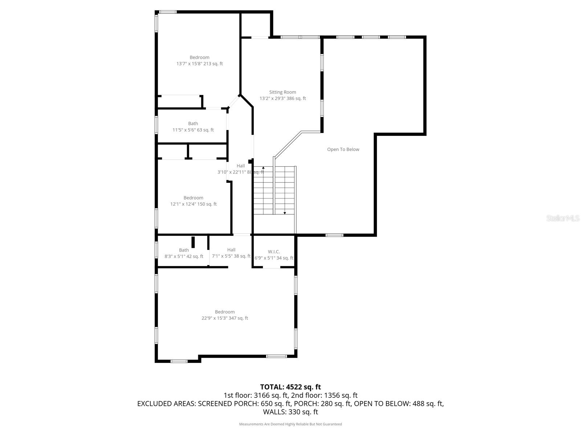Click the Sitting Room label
(283, 92)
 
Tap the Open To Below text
(343, 149)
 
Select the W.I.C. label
(274, 252)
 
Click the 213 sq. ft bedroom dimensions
(199, 64)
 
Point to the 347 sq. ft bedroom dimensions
(225, 318)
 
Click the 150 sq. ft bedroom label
(193, 198)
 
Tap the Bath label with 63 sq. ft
(193, 124)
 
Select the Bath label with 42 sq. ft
(184, 250)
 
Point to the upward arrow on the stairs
(263, 168)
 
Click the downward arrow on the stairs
(284, 213)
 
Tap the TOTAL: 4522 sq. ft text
(290, 387)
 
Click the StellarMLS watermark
(562, 218)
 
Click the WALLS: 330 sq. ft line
(290, 412)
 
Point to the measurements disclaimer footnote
(290, 424)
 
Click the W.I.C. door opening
(271, 267)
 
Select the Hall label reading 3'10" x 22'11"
(240, 166)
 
